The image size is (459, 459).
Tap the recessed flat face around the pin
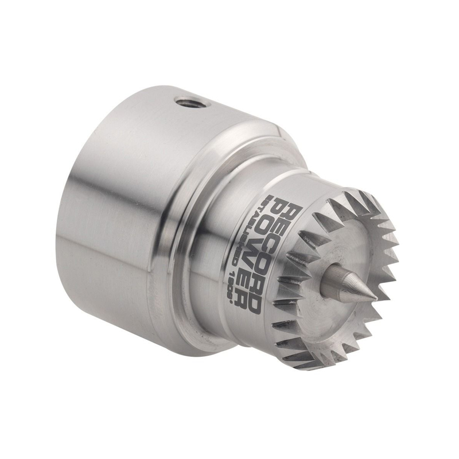356,252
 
